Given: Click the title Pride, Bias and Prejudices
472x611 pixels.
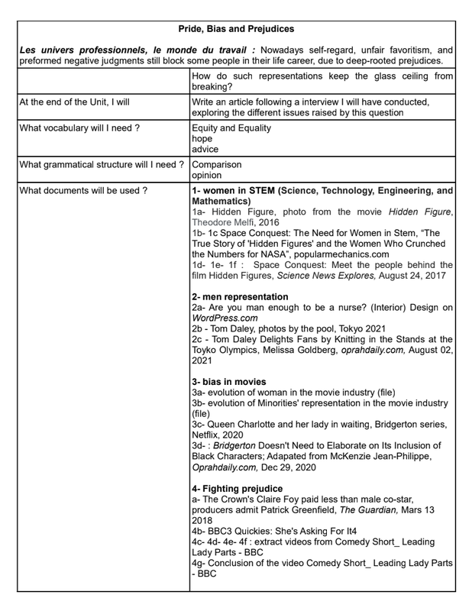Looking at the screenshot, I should click(236, 29).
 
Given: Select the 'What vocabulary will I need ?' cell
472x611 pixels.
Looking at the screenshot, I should click(79, 128).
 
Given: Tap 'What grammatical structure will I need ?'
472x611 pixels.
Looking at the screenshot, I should click(102, 164).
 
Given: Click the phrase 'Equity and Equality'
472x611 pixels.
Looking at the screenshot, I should click(231, 128).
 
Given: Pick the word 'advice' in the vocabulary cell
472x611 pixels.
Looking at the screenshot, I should click(206, 150).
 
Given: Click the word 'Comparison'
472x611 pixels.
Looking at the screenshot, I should click(217, 164).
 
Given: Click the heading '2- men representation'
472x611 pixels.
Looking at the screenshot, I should click(241, 296).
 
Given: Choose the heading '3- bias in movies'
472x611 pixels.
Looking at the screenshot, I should click(229, 381).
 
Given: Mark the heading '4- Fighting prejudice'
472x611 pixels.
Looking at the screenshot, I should click(238, 488).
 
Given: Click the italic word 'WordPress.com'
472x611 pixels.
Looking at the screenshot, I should click(225, 318).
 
